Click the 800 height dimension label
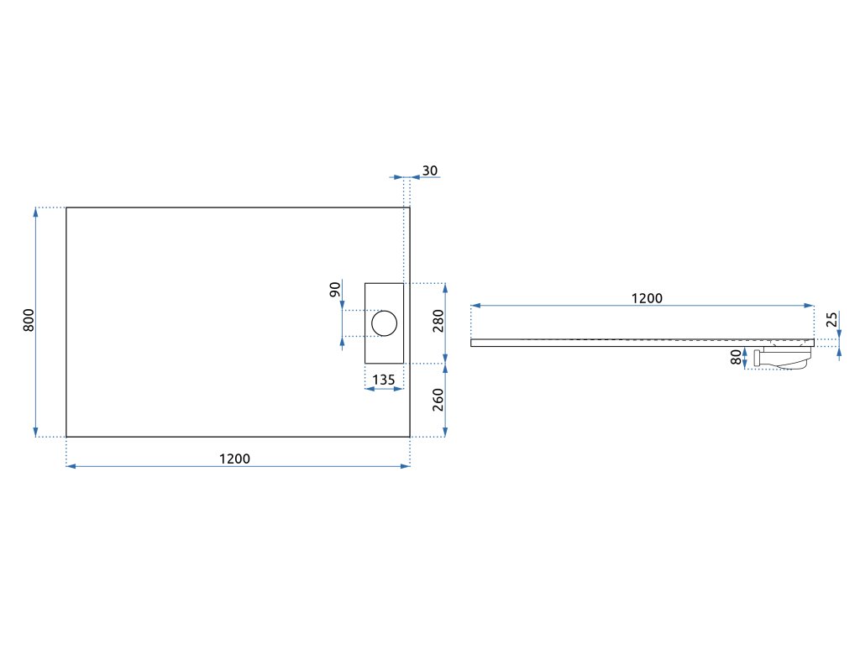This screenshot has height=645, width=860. point(28,321)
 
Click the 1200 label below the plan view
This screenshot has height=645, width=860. point(234,459)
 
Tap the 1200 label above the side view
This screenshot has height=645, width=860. point(647,298)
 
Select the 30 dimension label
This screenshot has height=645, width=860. point(429,170)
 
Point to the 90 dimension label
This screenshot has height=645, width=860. point(334,290)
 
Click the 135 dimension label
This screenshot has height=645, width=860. point(383,380)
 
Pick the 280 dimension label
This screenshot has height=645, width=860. point(438,321)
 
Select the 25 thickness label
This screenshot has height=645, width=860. point(831,320)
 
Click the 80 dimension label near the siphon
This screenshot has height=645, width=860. point(736,357)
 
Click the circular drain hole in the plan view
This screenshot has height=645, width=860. point(384,322)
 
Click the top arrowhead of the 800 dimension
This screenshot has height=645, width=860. point(36,212)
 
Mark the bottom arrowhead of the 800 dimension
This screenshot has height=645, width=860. point(36,432)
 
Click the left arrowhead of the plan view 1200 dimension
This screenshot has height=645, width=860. point(71,465)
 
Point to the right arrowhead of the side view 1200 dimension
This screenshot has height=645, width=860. point(810,306)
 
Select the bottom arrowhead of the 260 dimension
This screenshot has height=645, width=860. point(444,432)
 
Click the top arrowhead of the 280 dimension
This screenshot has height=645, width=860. point(444,287)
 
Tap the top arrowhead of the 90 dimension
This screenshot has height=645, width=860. point(342,304)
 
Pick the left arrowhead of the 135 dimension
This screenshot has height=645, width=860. point(370,390)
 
